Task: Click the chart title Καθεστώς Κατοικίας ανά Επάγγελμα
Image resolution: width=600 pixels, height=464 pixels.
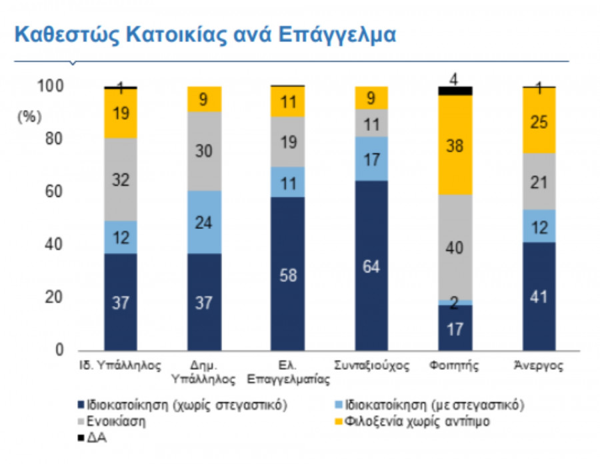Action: click(205, 35)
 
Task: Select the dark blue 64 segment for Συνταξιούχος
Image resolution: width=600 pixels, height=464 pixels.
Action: click(371, 265)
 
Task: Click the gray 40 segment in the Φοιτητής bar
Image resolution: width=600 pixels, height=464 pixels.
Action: click(455, 247)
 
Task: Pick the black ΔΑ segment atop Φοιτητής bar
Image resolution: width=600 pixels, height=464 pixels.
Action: click(455, 91)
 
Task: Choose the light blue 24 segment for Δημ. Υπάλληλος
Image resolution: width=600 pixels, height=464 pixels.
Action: click(204, 222)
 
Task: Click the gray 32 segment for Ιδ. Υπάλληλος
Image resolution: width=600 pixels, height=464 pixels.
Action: click(121, 179)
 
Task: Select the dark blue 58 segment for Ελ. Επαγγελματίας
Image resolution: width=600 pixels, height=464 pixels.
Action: click(287, 274)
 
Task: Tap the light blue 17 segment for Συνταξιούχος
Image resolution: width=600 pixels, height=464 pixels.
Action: click(371, 158)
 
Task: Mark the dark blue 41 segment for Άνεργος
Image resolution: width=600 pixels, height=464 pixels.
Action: click(539, 296)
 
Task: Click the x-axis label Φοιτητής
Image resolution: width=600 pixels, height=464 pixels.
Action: click(455, 367)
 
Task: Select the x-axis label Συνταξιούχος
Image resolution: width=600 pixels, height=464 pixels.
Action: click(371, 367)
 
